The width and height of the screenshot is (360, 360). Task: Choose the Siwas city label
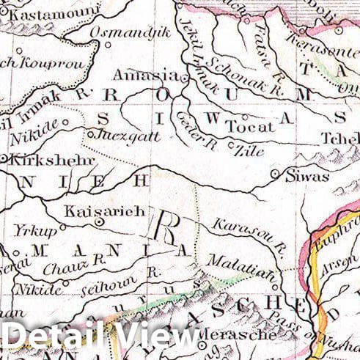click(x=304, y=175)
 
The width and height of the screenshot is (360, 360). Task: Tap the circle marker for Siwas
click(x=275, y=175)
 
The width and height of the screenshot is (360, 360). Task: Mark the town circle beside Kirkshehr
click(x=4, y=158)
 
